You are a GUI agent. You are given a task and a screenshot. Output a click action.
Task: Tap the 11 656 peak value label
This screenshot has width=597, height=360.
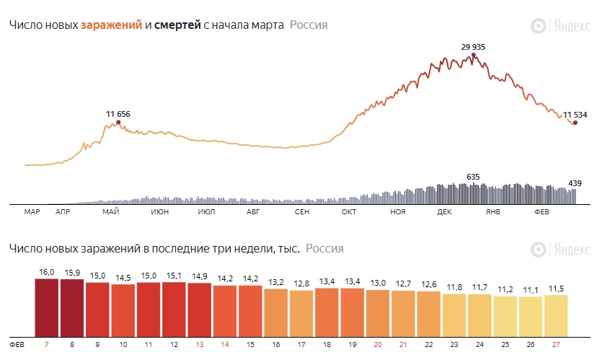pyautogui.click(x=118, y=114)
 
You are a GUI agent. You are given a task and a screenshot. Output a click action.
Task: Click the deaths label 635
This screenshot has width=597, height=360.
pyautogui.click(x=473, y=176)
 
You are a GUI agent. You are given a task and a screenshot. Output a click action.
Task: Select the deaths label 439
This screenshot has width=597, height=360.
pyautogui.click(x=575, y=183)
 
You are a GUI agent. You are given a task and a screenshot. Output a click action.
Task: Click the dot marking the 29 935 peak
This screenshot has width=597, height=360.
pyautogui.click(x=474, y=55)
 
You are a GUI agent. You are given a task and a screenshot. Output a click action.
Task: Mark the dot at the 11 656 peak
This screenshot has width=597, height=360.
pyautogui.click(x=118, y=123)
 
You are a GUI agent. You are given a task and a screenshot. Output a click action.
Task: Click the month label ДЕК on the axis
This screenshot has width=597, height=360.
pyautogui.click(x=445, y=212)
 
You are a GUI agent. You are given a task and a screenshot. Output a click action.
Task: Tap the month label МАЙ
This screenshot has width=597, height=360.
pyautogui.click(x=110, y=212)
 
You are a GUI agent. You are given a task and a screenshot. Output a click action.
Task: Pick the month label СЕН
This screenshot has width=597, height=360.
pyautogui.click(x=302, y=212)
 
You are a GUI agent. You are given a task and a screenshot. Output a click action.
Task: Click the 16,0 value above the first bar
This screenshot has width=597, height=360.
pyautogui.click(x=47, y=273)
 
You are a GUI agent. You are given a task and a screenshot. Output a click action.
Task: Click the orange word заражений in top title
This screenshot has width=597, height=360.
pyautogui.click(x=111, y=25)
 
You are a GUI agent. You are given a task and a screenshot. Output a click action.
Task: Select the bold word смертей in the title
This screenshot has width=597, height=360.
pyautogui.click(x=177, y=25)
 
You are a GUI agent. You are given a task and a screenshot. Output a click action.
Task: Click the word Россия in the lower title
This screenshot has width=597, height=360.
pyautogui.click(x=324, y=249)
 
